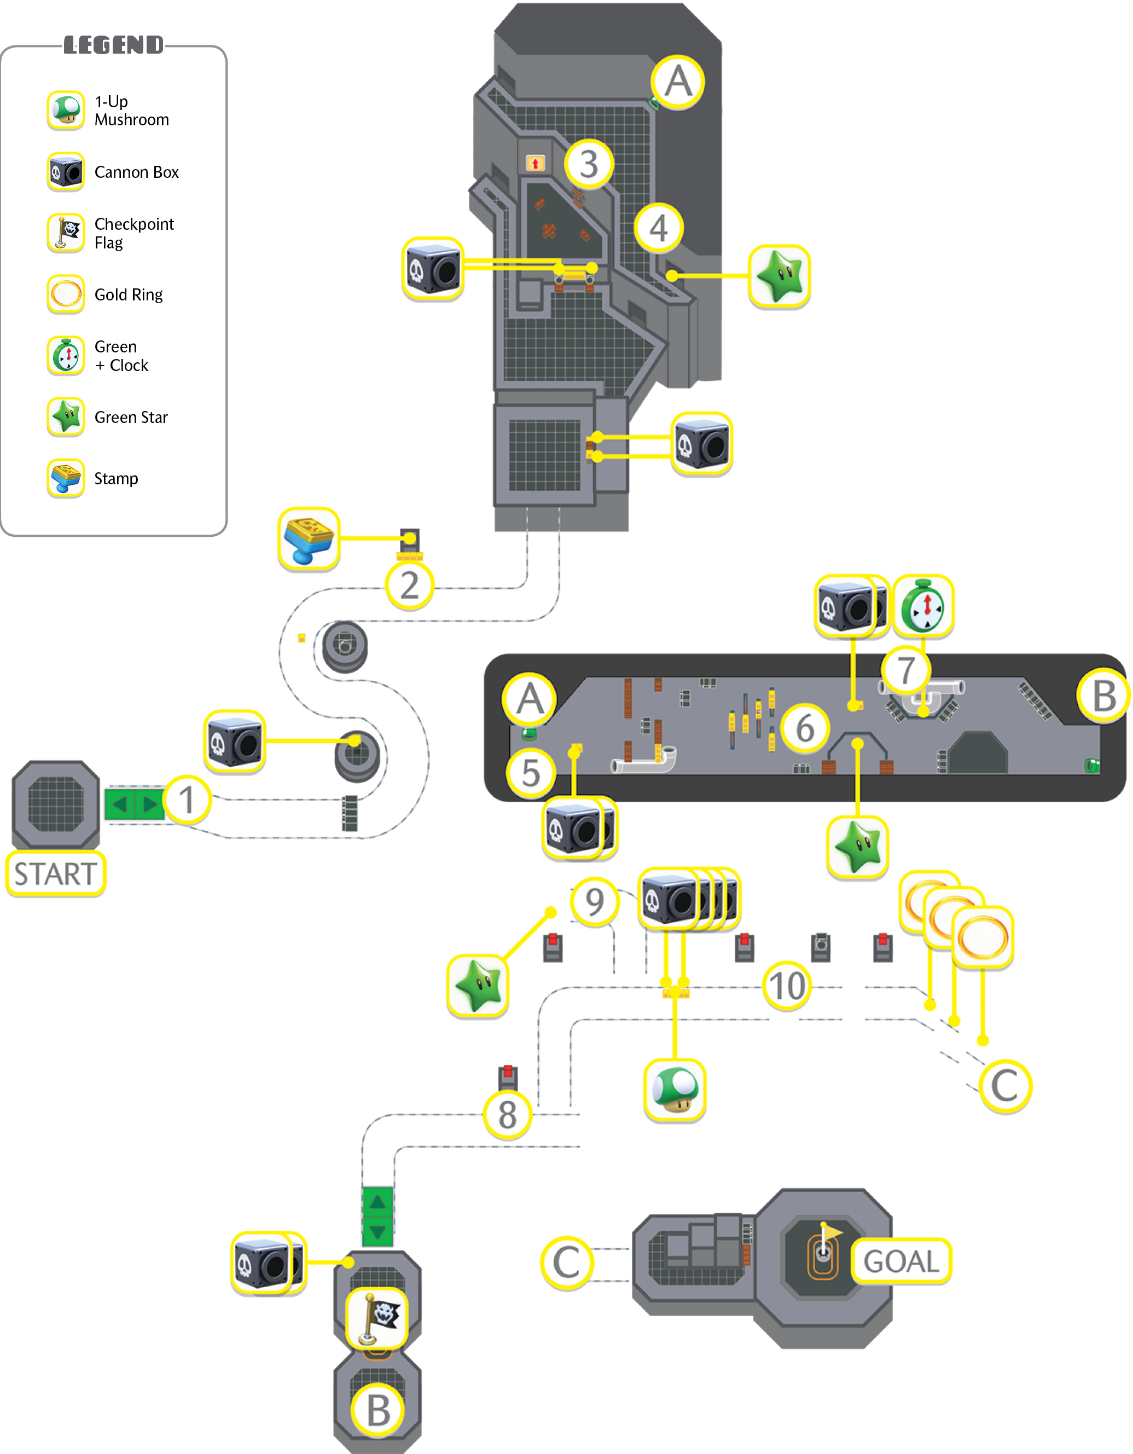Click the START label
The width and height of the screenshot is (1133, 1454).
56,873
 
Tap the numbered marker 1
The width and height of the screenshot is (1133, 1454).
187,800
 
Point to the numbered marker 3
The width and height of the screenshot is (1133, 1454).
589,164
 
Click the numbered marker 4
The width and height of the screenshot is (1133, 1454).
658,228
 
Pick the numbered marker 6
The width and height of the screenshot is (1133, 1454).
805,728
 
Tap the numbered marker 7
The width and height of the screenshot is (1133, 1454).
906,670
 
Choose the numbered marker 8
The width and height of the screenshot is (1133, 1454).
507,1115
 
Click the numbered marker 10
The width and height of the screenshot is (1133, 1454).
787,986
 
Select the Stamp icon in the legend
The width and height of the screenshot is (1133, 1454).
66,478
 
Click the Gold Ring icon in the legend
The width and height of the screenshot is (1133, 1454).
66,294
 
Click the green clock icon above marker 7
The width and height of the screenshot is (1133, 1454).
922,606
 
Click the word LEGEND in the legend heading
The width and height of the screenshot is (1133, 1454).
114,45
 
